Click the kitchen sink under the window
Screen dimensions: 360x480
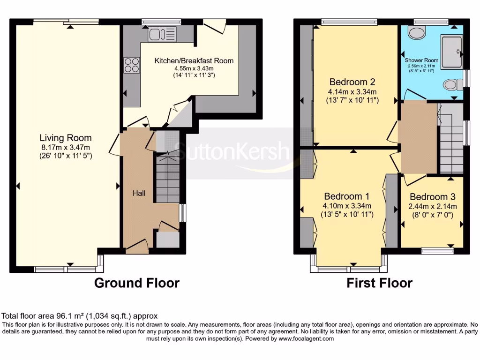[x=162, y=34]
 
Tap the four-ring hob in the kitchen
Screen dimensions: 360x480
[x=132, y=65]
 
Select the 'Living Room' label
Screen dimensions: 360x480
[x=65, y=138]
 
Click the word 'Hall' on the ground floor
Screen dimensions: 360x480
[x=139, y=193]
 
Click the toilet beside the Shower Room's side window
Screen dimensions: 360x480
[x=450, y=85]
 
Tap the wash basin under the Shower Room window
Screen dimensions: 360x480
[x=415, y=32]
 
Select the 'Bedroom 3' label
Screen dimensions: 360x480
[x=432, y=197]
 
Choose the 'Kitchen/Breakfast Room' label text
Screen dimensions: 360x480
[x=194, y=60]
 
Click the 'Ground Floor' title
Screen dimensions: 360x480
[x=136, y=283]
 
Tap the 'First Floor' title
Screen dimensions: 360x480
[x=379, y=283]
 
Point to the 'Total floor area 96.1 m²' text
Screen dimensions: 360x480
[x=80, y=316]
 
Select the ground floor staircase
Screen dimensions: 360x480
[x=167, y=178]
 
